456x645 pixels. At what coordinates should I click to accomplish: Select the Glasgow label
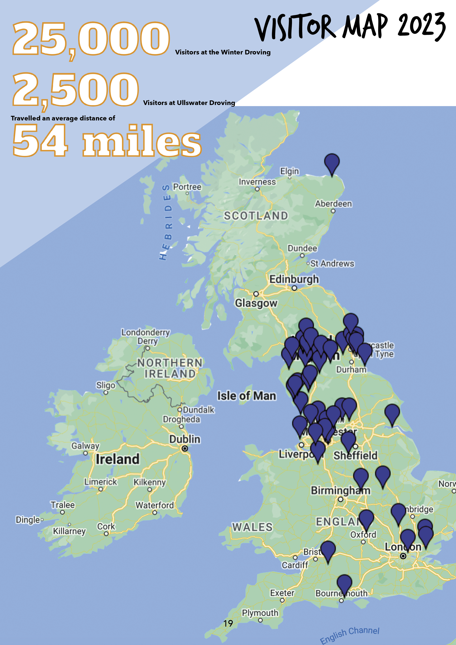click(256, 303)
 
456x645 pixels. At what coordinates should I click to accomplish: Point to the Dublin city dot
click(185, 449)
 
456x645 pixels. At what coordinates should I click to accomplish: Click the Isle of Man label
click(246, 396)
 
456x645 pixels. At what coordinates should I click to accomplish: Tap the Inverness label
click(257, 182)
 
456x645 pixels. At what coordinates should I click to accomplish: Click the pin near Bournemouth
click(344, 583)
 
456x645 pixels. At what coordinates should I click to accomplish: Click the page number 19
click(228, 623)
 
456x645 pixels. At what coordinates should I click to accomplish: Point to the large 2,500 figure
click(75, 90)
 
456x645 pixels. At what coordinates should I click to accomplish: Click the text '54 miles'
click(107, 141)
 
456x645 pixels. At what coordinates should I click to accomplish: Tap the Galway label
click(85, 446)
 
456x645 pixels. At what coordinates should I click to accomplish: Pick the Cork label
click(106, 526)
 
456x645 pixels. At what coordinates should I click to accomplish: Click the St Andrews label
click(332, 263)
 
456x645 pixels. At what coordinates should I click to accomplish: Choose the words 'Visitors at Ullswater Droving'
click(189, 103)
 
